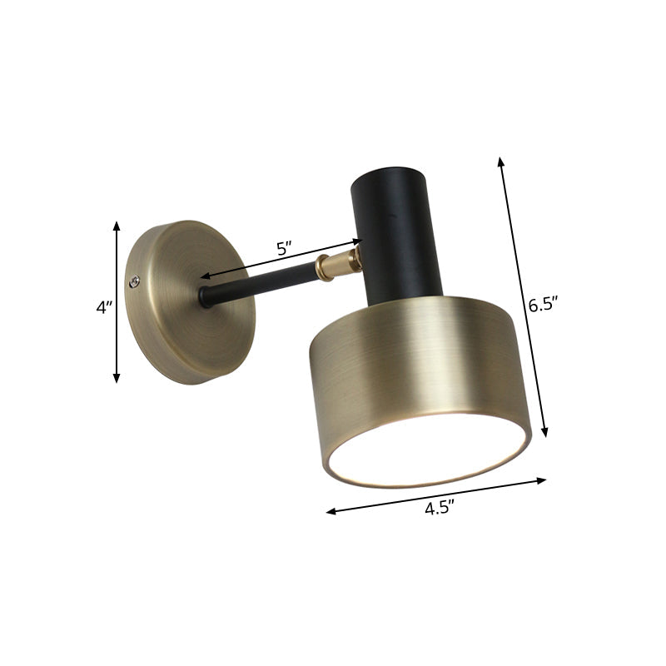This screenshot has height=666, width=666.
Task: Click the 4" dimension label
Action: pyautogui.click(x=103, y=307)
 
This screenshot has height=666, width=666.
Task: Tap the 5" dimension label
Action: pyautogui.click(x=284, y=248)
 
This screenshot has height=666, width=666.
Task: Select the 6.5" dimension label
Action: pyautogui.click(x=542, y=305)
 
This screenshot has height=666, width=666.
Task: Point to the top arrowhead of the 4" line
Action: pyautogui.click(x=117, y=225)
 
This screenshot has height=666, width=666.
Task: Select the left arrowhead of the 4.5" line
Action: pyautogui.click(x=331, y=512)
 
